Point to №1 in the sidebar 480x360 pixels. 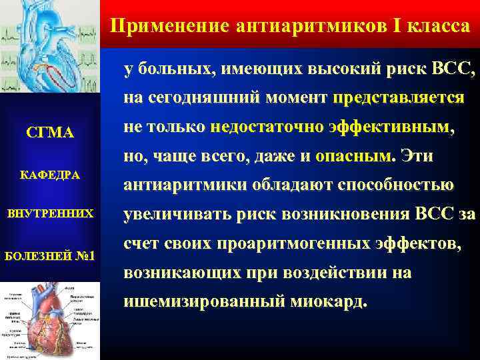click(x=86, y=256)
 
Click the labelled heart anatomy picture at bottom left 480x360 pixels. click(x=49, y=321)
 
